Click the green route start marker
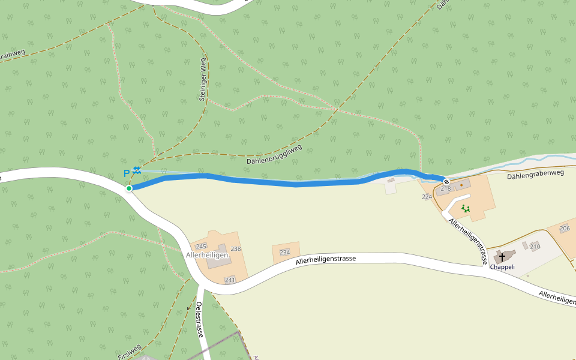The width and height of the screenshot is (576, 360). pyautogui.click(x=129, y=188)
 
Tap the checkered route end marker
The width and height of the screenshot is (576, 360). pyautogui.click(x=446, y=182)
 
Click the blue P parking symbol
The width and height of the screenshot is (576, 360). pyautogui.click(x=127, y=173)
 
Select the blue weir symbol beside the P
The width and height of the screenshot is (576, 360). pyautogui.click(x=137, y=170)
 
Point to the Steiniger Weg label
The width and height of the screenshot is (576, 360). pyautogui.click(x=203, y=79)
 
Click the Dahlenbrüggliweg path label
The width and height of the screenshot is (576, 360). pyautogui.click(x=274, y=155)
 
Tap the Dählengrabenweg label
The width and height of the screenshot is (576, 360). pyautogui.click(x=536, y=175)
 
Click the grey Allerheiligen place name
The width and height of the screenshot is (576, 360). pyautogui.click(x=208, y=255)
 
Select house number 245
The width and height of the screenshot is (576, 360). pyautogui.click(x=201, y=247)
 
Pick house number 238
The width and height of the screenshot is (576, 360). pyautogui.click(x=235, y=249)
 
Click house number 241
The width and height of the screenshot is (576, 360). pyautogui.click(x=230, y=280)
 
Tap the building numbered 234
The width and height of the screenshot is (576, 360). pyautogui.click(x=285, y=253)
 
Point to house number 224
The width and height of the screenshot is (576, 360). pyautogui.click(x=427, y=197)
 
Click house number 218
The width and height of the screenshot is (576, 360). pyautogui.click(x=445, y=189)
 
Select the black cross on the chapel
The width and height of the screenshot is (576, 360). pyautogui.click(x=502, y=257)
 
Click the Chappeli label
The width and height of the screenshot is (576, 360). pyautogui.click(x=502, y=267)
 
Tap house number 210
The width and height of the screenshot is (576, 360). pyautogui.click(x=535, y=247)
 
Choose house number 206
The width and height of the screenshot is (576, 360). pyautogui.click(x=565, y=229)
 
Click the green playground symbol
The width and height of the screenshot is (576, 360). pyautogui.click(x=465, y=209)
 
